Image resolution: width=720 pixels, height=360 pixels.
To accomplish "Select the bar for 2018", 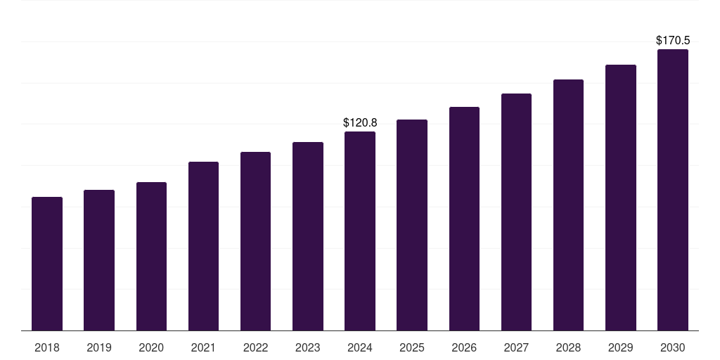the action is click(47, 264).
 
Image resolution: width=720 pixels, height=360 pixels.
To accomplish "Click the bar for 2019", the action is click(99, 260).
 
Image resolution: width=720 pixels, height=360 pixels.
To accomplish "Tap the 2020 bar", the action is click(152, 256).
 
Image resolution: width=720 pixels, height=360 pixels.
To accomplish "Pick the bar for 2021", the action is click(203, 246).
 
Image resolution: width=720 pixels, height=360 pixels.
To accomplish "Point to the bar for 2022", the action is click(255, 241).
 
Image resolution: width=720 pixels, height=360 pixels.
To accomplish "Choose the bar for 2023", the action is click(308, 236).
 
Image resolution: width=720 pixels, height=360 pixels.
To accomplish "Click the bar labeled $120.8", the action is click(360, 231).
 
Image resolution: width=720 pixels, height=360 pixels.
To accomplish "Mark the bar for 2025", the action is click(412, 225).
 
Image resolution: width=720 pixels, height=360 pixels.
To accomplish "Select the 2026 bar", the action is click(464, 219).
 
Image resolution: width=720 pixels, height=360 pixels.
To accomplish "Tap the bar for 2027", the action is click(517, 212).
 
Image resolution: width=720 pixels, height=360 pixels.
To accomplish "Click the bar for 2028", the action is click(568, 205).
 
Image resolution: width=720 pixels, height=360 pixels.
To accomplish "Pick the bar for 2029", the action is click(621, 198).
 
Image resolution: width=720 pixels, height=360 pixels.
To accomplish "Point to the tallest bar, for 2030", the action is click(673, 190).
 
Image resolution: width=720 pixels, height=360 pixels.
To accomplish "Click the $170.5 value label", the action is click(673, 40).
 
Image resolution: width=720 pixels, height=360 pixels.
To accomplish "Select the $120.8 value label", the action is click(360, 122).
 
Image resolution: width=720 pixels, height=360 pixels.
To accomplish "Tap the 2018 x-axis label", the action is click(47, 347).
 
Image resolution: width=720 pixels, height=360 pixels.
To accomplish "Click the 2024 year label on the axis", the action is click(360, 347).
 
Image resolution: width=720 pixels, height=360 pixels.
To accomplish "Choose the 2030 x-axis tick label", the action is click(673, 347).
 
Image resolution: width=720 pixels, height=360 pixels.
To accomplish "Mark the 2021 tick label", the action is click(203, 347).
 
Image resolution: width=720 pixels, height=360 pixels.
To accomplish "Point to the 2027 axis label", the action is click(517, 347).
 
